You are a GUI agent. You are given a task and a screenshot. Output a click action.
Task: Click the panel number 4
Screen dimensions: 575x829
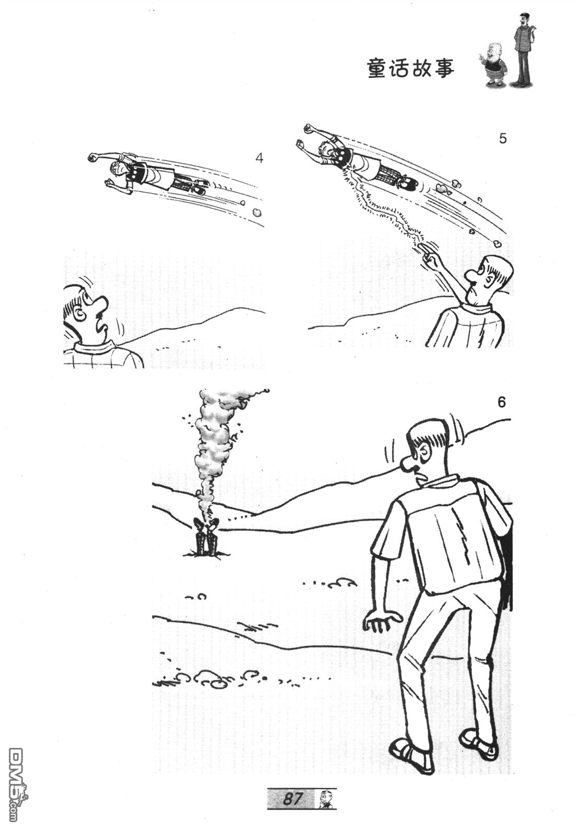pos(259,159)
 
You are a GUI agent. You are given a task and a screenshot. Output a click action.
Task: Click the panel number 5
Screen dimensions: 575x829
pos(502,139)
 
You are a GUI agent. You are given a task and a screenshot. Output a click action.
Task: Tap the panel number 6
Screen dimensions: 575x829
pos(501,402)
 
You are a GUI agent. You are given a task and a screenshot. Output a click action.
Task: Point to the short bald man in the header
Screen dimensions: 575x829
pos(493,66)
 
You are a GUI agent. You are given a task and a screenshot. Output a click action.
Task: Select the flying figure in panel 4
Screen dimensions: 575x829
pos(148,173)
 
